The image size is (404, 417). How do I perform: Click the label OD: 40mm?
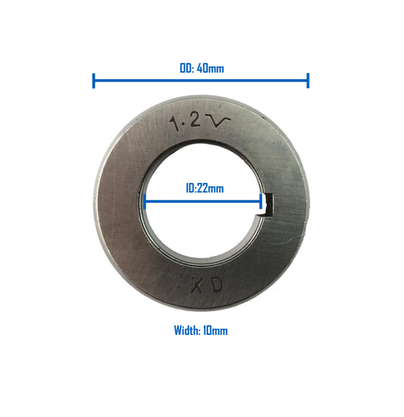[201, 68]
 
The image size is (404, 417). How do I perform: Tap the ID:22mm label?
[204, 188]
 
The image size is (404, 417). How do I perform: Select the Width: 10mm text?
[201, 331]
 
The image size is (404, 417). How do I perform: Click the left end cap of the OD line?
[94, 81]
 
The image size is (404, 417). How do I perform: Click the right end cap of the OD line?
[308, 81]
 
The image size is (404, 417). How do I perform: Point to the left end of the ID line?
[144, 203]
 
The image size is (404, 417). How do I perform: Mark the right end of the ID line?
[261, 203]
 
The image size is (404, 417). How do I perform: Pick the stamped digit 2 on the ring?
[194, 121]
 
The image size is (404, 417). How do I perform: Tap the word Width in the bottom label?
[186, 331]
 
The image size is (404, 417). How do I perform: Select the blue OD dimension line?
[201, 81]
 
